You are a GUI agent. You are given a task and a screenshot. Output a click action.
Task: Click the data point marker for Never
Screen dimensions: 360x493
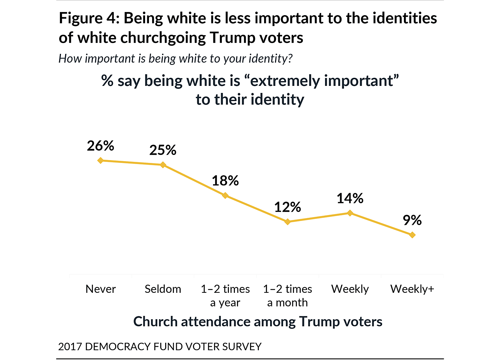[x=100, y=160]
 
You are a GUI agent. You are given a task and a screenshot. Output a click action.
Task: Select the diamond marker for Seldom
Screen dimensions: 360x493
[x=163, y=165]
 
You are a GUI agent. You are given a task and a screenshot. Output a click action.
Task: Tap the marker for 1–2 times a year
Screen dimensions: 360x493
[x=225, y=195]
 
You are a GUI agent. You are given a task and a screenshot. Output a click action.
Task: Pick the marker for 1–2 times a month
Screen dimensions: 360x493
[x=288, y=222]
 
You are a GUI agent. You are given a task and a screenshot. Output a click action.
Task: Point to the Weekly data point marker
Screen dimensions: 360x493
[x=350, y=213]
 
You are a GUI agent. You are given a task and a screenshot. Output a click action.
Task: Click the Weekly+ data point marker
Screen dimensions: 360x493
[x=412, y=235]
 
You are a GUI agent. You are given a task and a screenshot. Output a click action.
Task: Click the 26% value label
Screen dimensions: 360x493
[x=100, y=146]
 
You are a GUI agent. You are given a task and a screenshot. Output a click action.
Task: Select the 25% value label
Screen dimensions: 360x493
[x=163, y=150]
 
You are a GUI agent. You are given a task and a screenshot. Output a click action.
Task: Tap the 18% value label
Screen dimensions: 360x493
[x=225, y=181]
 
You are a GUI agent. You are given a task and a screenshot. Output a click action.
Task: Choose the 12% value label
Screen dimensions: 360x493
[x=288, y=207]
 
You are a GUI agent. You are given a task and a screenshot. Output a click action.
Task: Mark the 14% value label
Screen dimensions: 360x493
[x=350, y=198]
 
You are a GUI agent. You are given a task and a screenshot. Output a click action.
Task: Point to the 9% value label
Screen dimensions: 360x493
[x=412, y=220]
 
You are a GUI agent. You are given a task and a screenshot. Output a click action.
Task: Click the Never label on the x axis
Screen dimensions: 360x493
[x=100, y=289]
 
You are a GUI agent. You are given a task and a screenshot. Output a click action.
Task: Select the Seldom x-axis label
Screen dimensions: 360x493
[x=163, y=289]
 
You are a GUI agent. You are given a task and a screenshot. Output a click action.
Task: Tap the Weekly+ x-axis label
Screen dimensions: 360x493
[x=412, y=289]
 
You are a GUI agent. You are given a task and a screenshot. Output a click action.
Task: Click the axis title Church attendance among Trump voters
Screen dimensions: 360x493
[x=258, y=322]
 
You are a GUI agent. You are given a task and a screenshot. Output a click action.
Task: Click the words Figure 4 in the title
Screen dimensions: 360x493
[x=87, y=18]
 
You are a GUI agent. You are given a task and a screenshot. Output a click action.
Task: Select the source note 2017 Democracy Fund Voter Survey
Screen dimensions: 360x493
[x=160, y=347]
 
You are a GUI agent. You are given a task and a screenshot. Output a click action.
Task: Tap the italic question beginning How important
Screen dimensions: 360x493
[x=175, y=58]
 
